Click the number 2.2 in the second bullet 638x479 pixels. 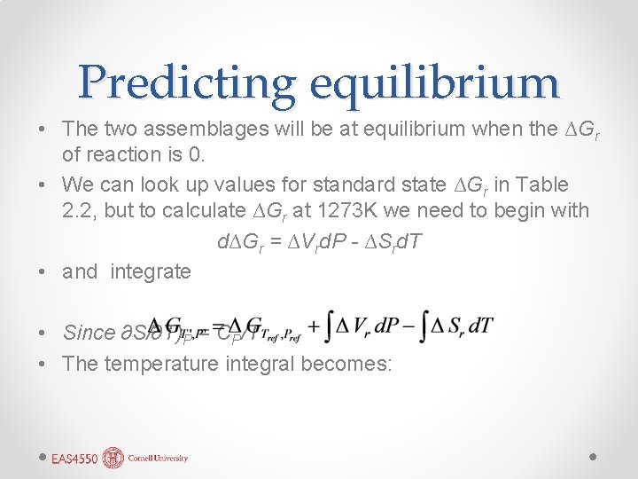[x=78, y=210]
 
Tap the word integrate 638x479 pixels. [x=151, y=271]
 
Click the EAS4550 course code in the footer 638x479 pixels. [x=74, y=459]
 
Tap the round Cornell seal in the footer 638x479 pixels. [x=113, y=458]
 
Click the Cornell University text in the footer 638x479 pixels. [x=157, y=459]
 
